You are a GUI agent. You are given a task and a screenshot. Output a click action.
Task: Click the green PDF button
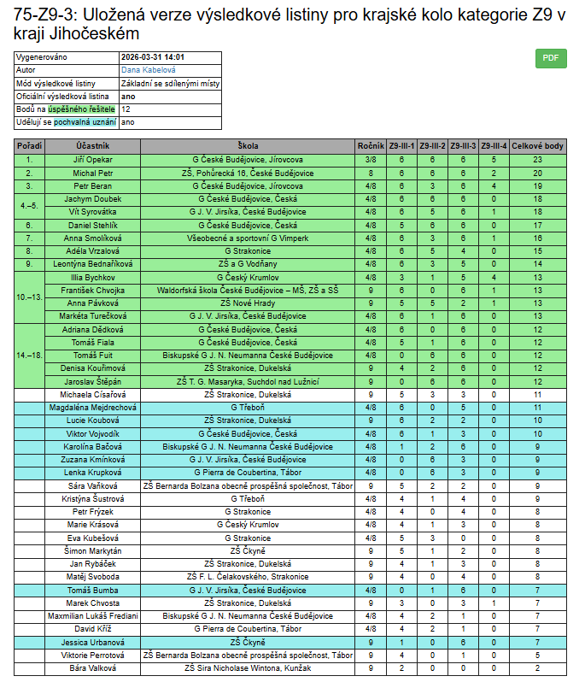pos(550,58)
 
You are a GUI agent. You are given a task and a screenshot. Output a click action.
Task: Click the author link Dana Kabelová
pos(148,70)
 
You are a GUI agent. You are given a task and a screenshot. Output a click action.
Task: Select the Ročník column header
pos(371,146)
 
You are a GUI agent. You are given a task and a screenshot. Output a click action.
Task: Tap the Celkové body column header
pos(538,146)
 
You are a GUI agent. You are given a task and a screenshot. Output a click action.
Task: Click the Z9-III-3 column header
pos(463,146)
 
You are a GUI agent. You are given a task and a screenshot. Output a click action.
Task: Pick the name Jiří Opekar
pos(93,159)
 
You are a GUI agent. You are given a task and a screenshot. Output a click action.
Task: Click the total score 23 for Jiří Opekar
pos(538,159)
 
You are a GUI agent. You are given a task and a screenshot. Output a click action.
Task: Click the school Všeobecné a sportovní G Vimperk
pos(248,238)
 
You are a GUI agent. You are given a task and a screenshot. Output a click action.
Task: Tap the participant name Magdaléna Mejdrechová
pos(93,408)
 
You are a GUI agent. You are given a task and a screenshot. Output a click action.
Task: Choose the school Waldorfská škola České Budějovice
pos(248,290)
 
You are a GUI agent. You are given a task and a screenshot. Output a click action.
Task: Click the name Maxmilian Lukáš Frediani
pos(93,615)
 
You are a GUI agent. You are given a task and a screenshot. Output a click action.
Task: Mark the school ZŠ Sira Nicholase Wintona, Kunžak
pos(248,667)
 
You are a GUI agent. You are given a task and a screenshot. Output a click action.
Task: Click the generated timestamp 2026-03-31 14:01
pos(153,57)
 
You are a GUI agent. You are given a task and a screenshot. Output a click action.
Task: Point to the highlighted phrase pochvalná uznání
pos(85,122)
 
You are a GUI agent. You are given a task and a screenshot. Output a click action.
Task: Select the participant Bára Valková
pos(93,667)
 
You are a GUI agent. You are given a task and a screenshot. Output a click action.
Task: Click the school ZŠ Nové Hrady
pos(248,303)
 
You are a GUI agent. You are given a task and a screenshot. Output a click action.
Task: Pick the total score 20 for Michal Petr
pos(538,173)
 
